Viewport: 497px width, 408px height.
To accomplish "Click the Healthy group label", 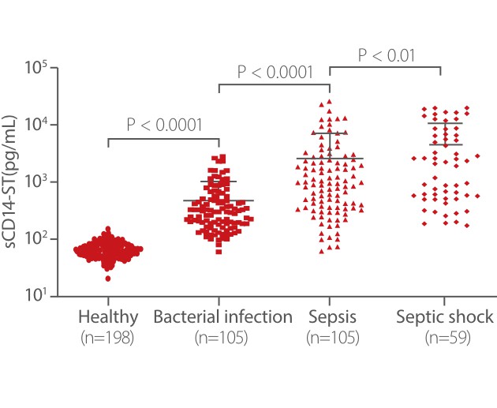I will pos(108,317).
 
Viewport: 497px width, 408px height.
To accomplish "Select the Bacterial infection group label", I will pos(223,317).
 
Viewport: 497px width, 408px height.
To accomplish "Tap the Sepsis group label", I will pos(332,317).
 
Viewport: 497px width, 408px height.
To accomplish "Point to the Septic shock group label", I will pos(444,317).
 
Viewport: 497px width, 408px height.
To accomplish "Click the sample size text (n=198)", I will pos(108,338).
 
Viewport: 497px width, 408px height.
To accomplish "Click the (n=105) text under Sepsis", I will pos(332,338).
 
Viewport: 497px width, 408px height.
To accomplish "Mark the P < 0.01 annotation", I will pos(386,55).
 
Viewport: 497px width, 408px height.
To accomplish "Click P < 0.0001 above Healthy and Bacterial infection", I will pos(163,125).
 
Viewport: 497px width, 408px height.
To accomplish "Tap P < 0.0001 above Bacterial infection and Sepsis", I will pos(275,73).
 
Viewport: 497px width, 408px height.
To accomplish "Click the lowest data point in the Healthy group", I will pos(108,278).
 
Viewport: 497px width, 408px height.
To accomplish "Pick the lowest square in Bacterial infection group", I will pos(219,251).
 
